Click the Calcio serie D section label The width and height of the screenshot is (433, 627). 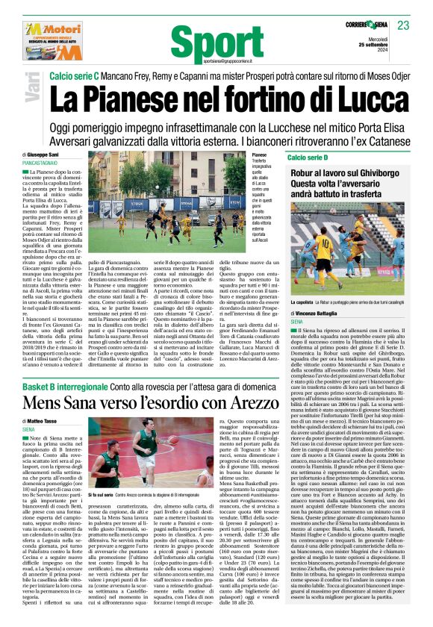(308, 158)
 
